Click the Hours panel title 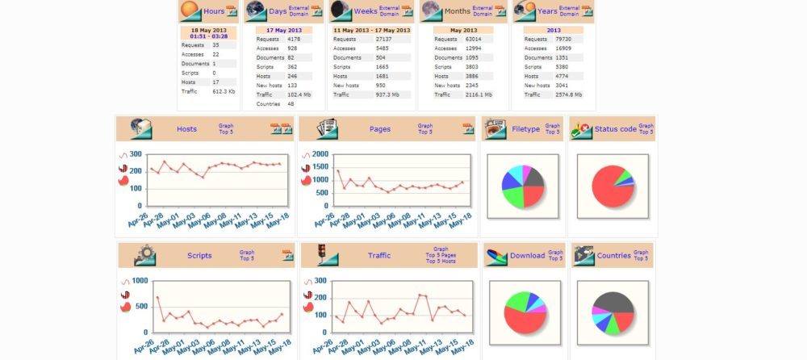coord(214,11)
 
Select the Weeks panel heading coord(366,11)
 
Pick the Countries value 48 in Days coord(291,104)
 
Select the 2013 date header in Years coord(553,30)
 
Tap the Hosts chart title coord(186,129)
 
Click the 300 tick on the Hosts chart coord(136,155)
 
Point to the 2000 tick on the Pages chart coord(320,155)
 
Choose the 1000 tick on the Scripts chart coord(139,281)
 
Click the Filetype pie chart coord(523,186)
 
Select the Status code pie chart coord(613,186)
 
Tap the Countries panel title coord(613,256)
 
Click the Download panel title coord(527,256)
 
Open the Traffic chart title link coord(379,256)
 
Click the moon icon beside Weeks coord(341,10)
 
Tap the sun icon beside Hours coord(190,10)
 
